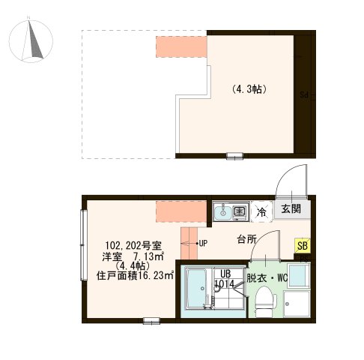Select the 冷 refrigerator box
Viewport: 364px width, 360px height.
pyautogui.click(x=262, y=212)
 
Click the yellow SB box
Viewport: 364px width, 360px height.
pyautogui.click(x=302, y=245)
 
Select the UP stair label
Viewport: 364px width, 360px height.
pyautogui.click(x=203, y=243)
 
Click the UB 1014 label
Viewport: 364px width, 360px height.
pyautogui.click(x=225, y=278)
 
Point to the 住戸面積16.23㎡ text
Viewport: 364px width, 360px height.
pyautogui.click(x=135, y=276)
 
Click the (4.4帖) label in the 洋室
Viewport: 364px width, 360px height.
pyautogui.click(x=128, y=265)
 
